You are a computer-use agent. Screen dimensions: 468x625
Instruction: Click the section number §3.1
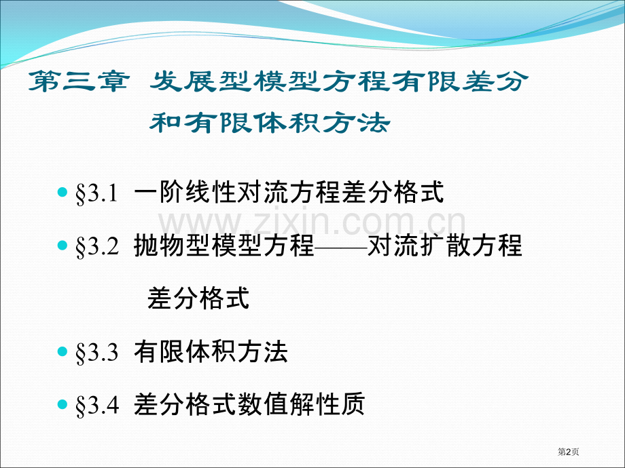pyautogui.click(x=97, y=194)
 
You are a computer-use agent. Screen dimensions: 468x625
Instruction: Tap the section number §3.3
pyautogui.click(x=97, y=353)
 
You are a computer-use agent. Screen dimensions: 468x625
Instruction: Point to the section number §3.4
pyautogui.click(x=97, y=405)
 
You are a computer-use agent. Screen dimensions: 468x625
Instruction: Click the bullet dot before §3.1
pyautogui.click(x=63, y=193)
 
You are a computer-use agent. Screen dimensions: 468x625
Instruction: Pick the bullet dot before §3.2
pyautogui.click(x=63, y=246)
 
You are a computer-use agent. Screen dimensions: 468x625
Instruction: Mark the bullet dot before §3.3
pyautogui.click(x=63, y=352)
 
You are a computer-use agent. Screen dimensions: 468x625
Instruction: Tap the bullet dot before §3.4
pyautogui.click(x=63, y=404)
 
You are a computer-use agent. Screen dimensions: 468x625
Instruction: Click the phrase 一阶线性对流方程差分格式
pyautogui.click(x=289, y=193)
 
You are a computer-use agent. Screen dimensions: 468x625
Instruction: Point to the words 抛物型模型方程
pyautogui.click(x=224, y=245)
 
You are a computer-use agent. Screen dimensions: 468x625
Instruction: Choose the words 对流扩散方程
pyautogui.click(x=445, y=245)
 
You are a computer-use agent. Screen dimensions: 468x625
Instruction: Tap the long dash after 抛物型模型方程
pyautogui.click(x=340, y=246)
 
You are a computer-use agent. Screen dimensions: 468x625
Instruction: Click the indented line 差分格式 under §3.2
pyautogui.click(x=198, y=298)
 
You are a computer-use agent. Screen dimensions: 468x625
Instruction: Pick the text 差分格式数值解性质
pyautogui.click(x=250, y=404)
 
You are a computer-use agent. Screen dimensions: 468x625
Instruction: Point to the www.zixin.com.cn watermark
pyautogui.click(x=312, y=222)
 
